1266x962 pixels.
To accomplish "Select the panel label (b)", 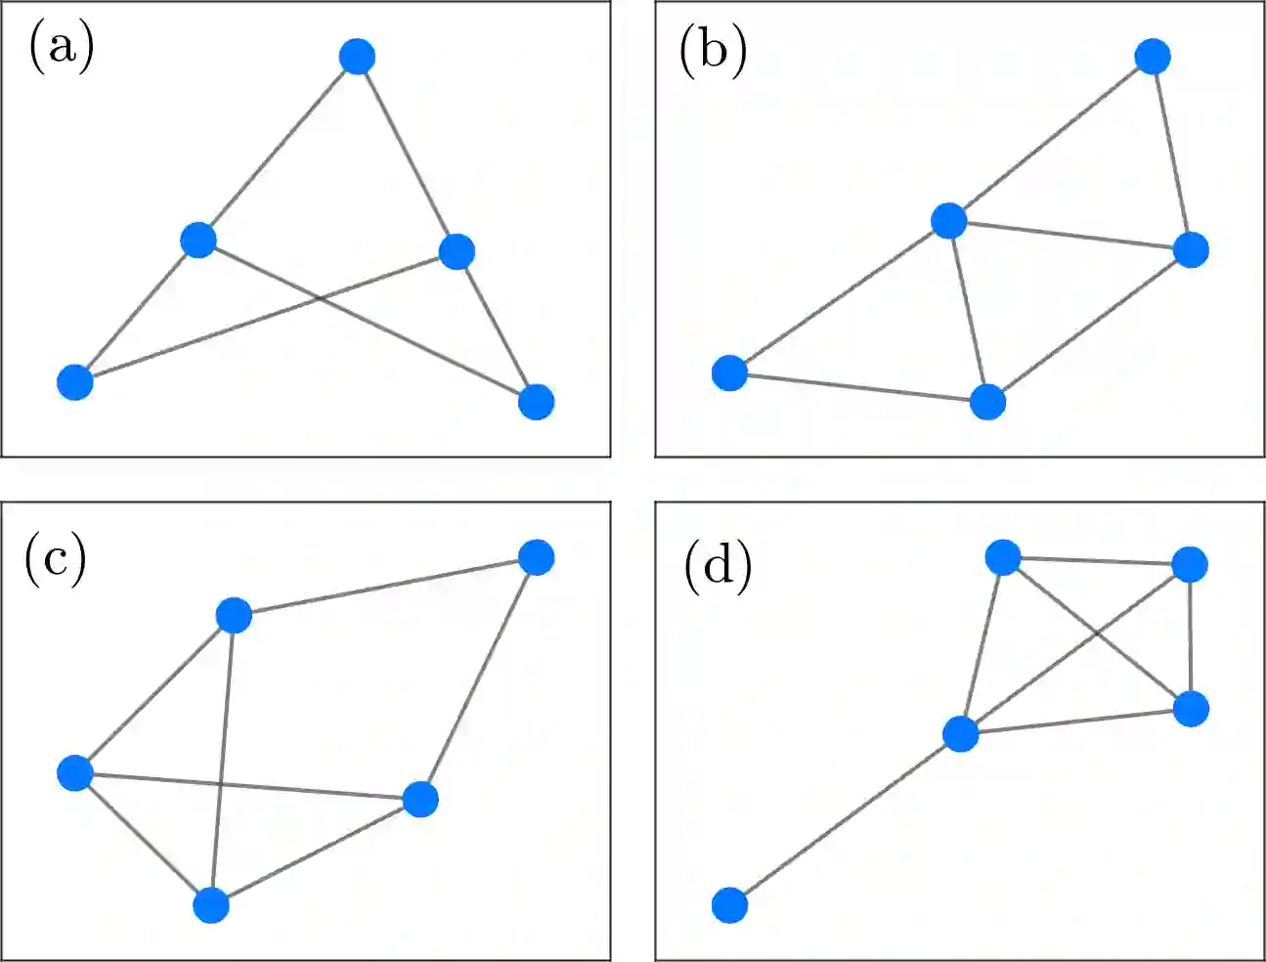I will (x=713, y=50).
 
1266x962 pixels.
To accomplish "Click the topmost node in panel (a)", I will (x=358, y=57).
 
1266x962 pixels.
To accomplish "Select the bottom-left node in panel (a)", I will (x=75, y=381).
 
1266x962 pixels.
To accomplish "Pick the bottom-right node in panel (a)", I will (x=536, y=401).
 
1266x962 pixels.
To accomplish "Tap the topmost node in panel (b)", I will (x=1153, y=57).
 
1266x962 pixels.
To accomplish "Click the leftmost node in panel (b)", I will (x=729, y=372).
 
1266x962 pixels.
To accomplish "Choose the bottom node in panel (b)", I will (x=987, y=402).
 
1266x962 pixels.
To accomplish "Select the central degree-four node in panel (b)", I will (x=948, y=221).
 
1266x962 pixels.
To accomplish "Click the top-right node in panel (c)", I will (x=536, y=557).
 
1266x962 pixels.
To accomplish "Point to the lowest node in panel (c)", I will (x=211, y=905).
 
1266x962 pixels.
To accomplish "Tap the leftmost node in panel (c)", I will (x=75, y=773).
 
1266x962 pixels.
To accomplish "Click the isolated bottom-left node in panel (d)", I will (x=729, y=905).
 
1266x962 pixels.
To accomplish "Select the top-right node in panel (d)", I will (x=1189, y=564).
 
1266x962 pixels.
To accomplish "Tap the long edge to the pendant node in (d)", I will (x=846, y=819).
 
